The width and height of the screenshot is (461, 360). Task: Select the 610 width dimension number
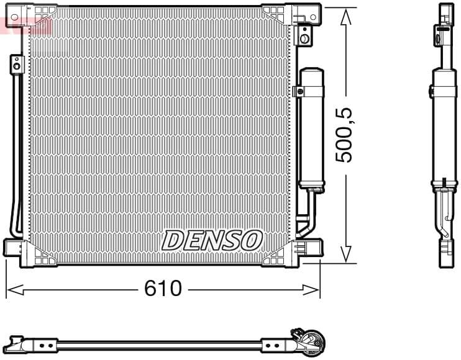(x=163, y=288)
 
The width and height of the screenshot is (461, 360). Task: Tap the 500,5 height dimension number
(x=344, y=135)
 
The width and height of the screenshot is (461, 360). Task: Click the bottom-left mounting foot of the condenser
(x=17, y=250)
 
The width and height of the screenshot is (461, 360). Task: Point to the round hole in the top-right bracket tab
(x=304, y=38)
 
